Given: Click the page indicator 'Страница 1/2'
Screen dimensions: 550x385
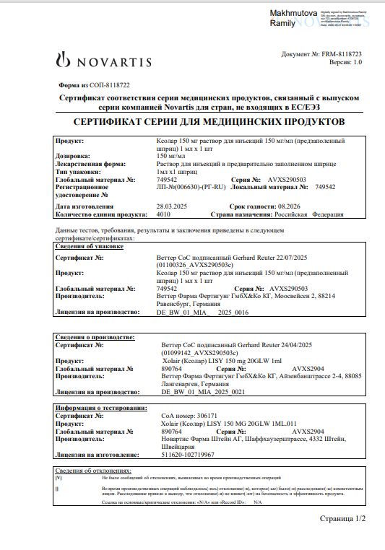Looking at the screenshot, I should pos(342,519).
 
